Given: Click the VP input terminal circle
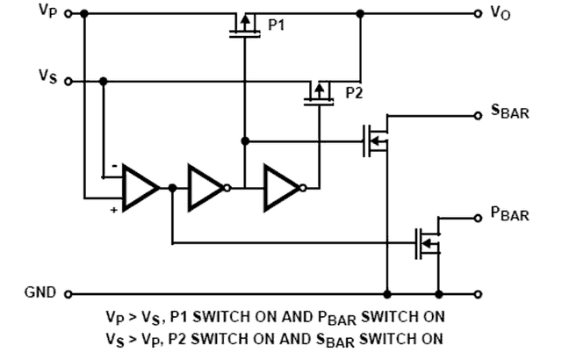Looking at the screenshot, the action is click(68, 14).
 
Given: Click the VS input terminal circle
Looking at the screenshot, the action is click(68, 82).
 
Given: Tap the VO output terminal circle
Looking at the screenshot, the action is click(478, 14).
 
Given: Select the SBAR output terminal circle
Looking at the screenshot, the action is click(478, 116).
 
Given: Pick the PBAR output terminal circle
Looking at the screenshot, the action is click(478, 218).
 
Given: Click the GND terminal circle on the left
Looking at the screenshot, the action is click(68, 294).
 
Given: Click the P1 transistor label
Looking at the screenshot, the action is click(276, 25).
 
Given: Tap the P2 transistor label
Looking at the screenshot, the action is click(354, 93).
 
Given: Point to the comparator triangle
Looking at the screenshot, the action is click(140, 188).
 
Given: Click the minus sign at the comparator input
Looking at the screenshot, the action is click(114, 166).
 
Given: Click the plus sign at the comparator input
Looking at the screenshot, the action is click(114, 210).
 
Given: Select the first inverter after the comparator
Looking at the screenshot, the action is click(209, 188).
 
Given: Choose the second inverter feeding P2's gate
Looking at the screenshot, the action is click(285, 188).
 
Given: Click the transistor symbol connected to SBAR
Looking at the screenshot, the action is click(376, 140).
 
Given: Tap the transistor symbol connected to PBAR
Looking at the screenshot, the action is click(428, 243).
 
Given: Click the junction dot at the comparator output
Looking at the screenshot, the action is click(172, 188).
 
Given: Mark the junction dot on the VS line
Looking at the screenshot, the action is click(104, 82).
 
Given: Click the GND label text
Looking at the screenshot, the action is click(40, 292).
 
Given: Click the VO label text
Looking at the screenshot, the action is click(501, 14).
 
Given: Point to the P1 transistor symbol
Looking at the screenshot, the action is click(245, 25).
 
